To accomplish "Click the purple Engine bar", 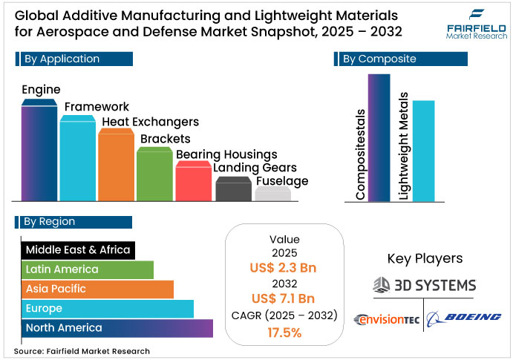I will click(39, 152).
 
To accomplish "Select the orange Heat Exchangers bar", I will click(116, 167).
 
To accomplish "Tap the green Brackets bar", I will click(155, 175).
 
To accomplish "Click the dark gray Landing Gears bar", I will click(233, 190).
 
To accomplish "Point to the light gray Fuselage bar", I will click(272, 194).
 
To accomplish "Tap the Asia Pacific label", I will click(56, 289).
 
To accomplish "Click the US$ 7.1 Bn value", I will click(284, 298).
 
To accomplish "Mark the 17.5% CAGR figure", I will click(284, 333).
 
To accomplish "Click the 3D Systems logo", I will click(424, 284).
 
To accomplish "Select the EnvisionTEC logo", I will click(385, 319).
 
